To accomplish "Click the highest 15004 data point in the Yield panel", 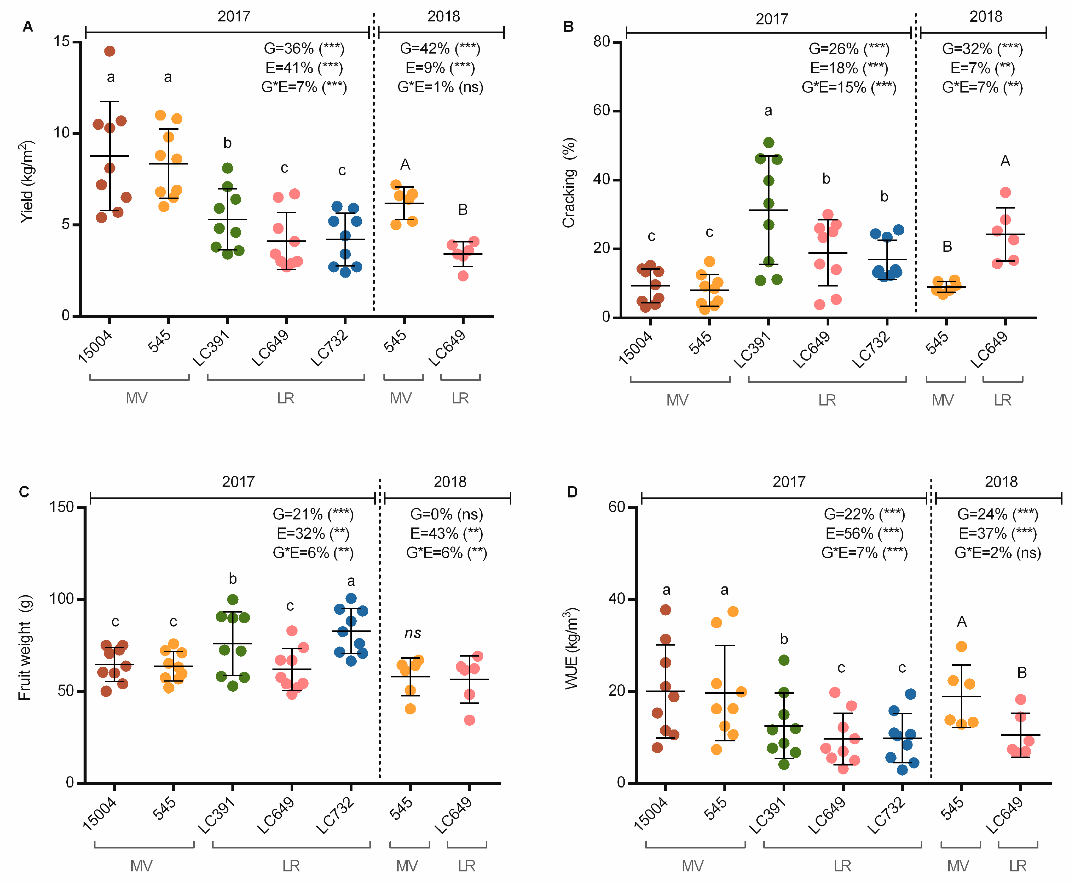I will pos(109,51).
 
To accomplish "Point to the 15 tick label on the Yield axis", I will pos(62,41).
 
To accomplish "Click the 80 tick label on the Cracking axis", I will pos(602,42).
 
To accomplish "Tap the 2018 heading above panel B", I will pos(985,17).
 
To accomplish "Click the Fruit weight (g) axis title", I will pos(24,647).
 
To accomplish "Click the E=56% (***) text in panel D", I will pos(864,533).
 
